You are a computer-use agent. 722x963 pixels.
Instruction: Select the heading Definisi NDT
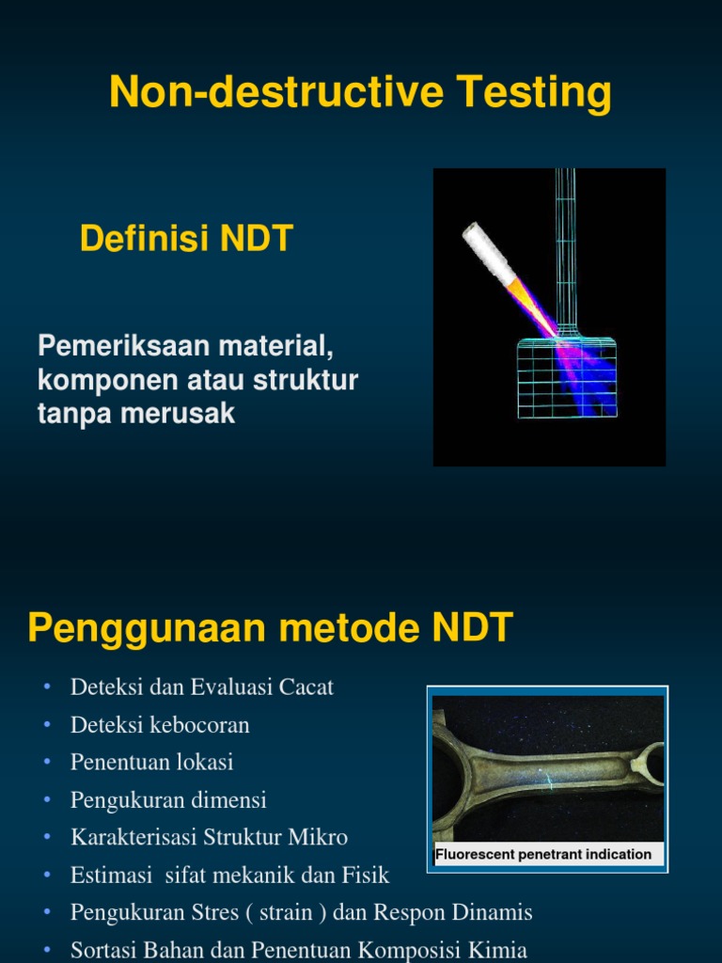click(186, 239)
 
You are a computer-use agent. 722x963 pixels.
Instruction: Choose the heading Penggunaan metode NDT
click(270, 628)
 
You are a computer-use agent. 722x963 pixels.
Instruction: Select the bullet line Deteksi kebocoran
click(160, 725)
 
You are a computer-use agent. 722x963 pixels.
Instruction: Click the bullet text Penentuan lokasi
click(151, 762)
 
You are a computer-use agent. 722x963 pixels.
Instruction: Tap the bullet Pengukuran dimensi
click(168, 799)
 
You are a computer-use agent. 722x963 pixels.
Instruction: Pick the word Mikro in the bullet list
click(317, 837)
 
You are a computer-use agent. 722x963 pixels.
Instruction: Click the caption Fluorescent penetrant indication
click(543, 854)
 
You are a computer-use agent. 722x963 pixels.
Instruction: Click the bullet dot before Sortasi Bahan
click(46, 950)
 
